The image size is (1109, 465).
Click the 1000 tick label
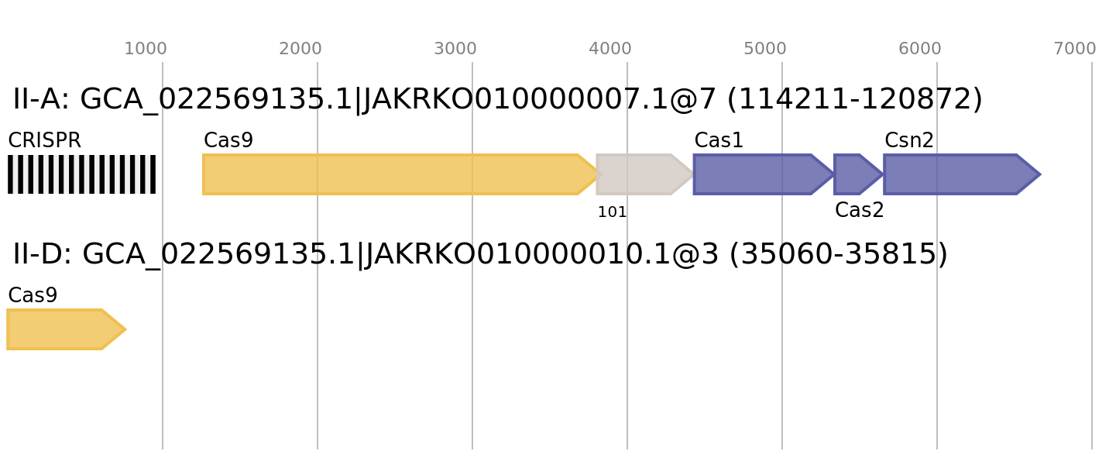[x=145, y=49]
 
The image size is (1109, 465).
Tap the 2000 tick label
[x=300, y=49]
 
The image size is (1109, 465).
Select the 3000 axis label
[x=455, y=49]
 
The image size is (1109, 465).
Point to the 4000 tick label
[x=609, y=49]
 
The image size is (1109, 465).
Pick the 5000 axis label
[x=764, y=49]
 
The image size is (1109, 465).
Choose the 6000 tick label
[x=919, y=49]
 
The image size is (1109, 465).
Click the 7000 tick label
[x=1074, y=49]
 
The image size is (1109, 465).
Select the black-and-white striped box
[x=81, y=174]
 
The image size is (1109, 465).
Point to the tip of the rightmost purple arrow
[x=1040, y=174]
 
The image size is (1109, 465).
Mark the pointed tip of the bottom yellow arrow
[x=125, y=329]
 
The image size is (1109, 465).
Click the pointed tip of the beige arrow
[x=691, y=174]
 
